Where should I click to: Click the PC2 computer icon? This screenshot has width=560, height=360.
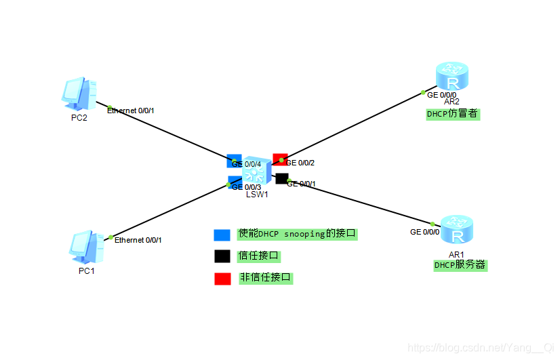pyautogui.click(x=79, y=94)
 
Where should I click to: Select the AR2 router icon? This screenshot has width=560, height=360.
pyautogui.click(x=452, y=76)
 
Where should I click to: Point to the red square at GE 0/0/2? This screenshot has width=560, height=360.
pyautogui.click(x=279, y=159)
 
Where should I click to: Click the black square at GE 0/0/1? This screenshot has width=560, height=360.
pyautogui.click(x=281, y=178)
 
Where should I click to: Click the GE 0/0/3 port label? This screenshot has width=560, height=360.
pyautogui.click(x=247, y=187)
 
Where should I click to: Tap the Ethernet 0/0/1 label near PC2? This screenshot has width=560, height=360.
pyautogui.click(x=131, y=110)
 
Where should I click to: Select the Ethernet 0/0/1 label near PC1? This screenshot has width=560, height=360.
pyautogui.click(x=138, y=240)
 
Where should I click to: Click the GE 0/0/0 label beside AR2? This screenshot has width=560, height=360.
pyautogui.click(x=441, y=95)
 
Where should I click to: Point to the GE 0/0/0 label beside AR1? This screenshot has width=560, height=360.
pyautogui.click(x=424, y=232)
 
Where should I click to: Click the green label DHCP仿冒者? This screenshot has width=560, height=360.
pyautogui.click(x=452, y=114)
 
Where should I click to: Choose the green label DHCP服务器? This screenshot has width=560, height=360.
pyautogui.click(x=460, y=265)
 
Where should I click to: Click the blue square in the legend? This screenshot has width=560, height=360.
pyautogui.click(x=222, y=235)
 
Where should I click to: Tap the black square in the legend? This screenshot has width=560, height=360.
pyautogui.click(x=222, y=256)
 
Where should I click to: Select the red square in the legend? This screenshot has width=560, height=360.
pyautogui.click(x=222, y=278)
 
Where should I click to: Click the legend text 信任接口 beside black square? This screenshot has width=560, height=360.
pyautogui.click(x=258, y=256)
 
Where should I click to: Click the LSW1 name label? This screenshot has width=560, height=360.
pyautogui.click(x=257, y=194)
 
